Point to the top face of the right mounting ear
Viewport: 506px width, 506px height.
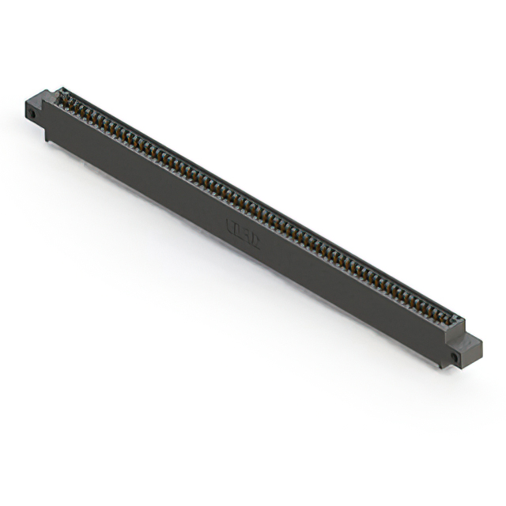[471, 341]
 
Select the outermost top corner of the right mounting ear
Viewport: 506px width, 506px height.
[481, 340]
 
